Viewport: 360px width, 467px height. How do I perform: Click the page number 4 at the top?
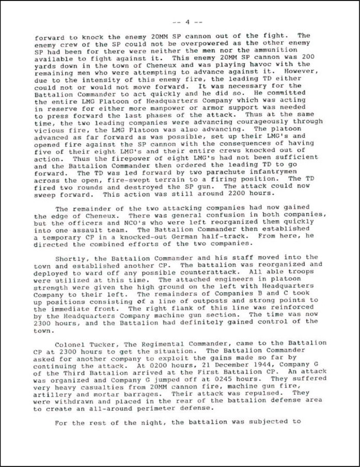pos(187,22)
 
